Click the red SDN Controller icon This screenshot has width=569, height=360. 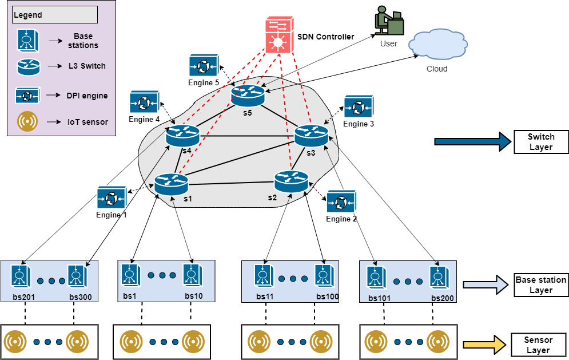click(280, 35)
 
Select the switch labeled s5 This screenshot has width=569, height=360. click(248, 95)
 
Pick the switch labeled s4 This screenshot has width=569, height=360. click(183, 136)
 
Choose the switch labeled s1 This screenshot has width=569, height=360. click(171, 184)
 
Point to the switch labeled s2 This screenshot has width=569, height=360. click(291, 181)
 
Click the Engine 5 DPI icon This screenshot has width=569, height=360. click(204, 66)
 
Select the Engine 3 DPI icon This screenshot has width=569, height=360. click(358, 107)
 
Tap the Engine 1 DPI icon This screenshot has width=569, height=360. click(111, 198)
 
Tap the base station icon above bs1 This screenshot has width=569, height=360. click(130, 274)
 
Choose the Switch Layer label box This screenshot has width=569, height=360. click(541, 142)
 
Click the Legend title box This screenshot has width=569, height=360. click(54, 15)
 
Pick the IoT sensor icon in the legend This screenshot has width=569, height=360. click(27, 121)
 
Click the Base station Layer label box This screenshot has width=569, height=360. click(540, 285)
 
